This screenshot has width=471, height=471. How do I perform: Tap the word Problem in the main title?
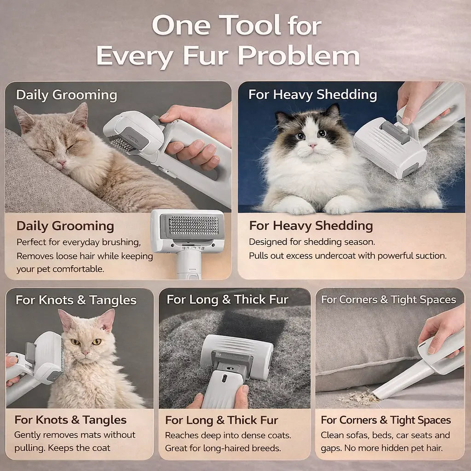pyautogui.click(x=299, y=56)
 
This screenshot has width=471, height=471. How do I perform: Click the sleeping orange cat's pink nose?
pyautogui.click(x=61, y=163)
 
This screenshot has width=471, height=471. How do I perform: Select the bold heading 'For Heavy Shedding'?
pyautogui.click(x=311, y=226)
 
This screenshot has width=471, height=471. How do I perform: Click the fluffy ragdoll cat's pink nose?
pyautogui.click(x=312, y=146)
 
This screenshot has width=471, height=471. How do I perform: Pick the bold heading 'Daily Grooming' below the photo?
pyautogui.click(x=65, y=226)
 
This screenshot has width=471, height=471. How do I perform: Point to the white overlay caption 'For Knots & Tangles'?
pyautogui.click(x=76, y=300)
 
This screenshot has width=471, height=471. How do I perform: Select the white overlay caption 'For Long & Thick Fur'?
pyautogui.click(x=227, y=300)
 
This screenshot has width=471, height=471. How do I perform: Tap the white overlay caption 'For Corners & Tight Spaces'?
pyautogui.click(x=388, y=300)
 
